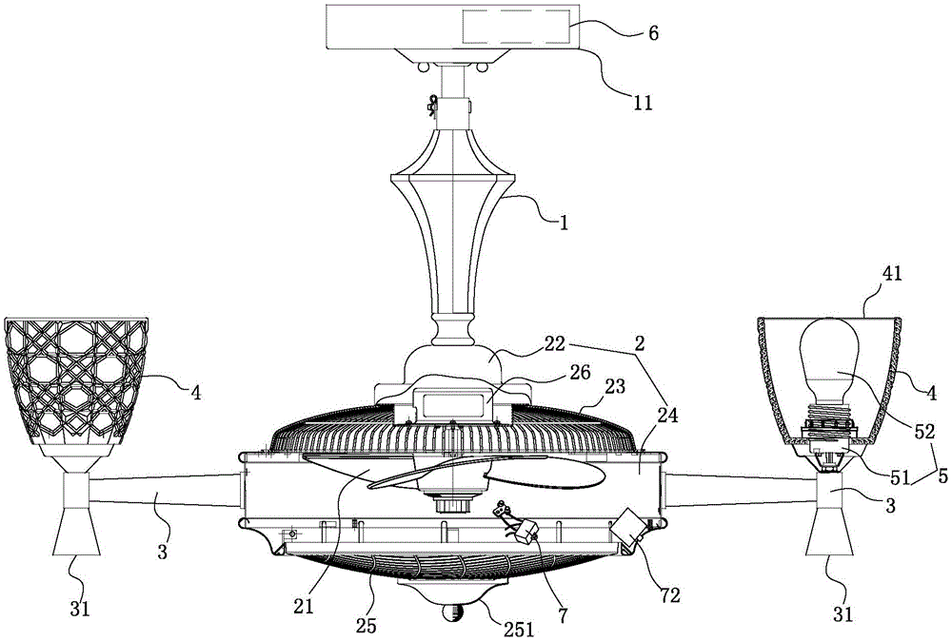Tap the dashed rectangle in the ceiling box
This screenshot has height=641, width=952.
tap(518, 28)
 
